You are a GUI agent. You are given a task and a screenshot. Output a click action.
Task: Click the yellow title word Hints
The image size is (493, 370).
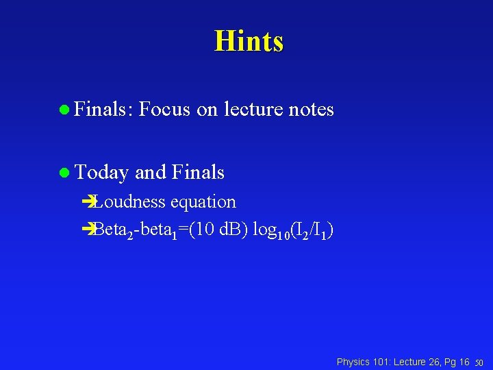point(249,41)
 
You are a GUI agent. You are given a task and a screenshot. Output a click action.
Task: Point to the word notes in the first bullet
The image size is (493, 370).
point(312,109)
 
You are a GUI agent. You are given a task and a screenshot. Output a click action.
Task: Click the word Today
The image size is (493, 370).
point(102,173)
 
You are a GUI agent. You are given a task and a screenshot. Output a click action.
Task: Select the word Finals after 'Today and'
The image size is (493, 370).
point(199,172)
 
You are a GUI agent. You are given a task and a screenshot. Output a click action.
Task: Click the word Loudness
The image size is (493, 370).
point(130,201)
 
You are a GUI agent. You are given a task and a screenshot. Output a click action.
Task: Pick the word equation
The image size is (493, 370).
point(203,202)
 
